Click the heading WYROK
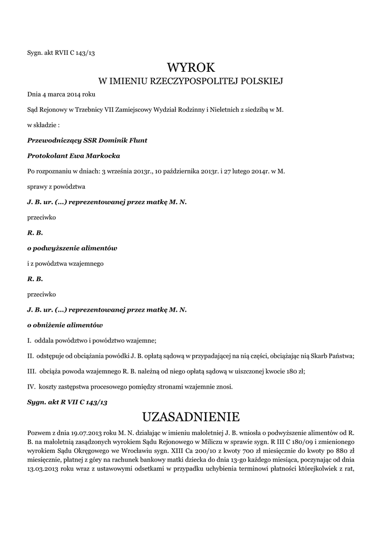191,67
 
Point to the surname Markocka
105,156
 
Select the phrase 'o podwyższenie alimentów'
72,248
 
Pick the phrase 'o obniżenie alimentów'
65,324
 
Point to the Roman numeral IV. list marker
31,387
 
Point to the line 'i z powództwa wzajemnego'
65,263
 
